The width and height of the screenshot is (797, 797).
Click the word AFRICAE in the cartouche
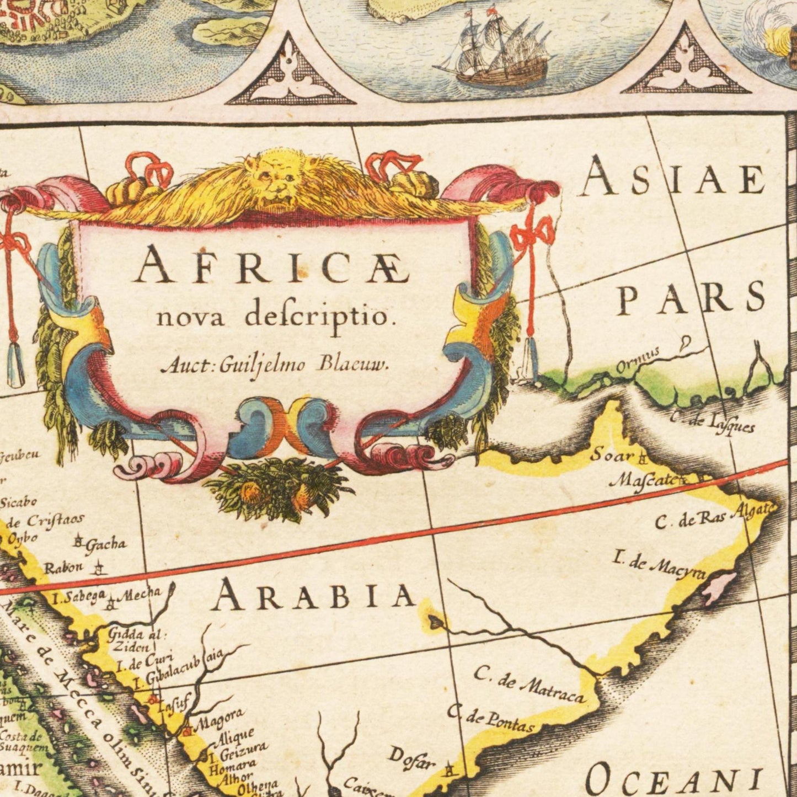272,266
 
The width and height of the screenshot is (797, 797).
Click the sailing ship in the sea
496,52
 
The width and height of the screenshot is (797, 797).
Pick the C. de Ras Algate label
714,516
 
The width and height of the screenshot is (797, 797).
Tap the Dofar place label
411,759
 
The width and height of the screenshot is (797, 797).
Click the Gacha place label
105,544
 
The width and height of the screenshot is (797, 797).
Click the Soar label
612,456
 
